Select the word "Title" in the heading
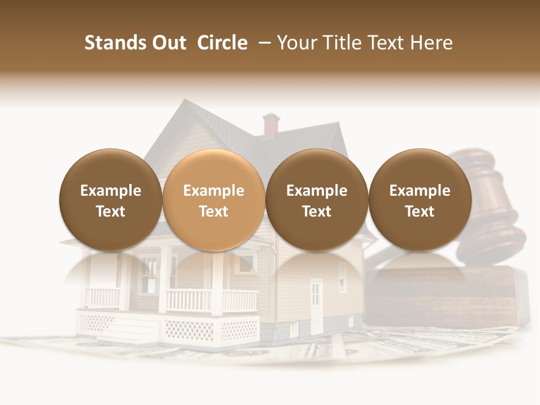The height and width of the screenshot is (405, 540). [x=342, y=43]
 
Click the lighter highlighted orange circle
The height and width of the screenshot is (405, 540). [x=213, y=200]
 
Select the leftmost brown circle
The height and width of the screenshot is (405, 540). [x=110, y=200]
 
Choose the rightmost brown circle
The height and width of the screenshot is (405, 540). [x=420, y=200]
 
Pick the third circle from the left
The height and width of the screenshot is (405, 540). [x=317, y=200]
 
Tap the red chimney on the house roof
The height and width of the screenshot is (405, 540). [x=271, y=125]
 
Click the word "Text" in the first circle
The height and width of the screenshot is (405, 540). [x=110, y=211]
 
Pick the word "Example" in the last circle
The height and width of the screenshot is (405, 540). [x=420, y=191]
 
